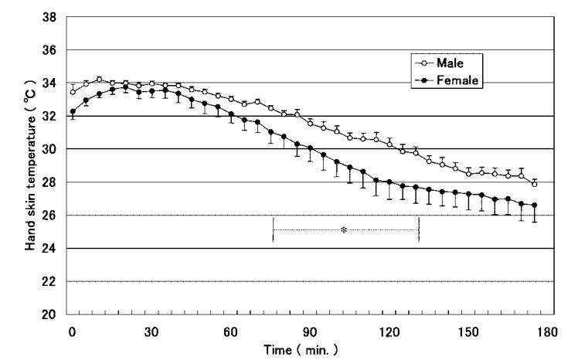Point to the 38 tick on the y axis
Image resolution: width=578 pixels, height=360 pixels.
click(x=51, y=17)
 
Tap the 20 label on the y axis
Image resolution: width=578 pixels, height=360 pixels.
click(x=51, y=315)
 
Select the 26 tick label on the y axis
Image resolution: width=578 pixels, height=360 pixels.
click(x=51, y=216)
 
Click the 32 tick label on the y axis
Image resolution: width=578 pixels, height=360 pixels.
click(x=51, y=117)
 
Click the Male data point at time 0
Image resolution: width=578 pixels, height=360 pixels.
click(x=73, y=92)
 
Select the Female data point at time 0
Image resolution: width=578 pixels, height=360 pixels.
click(x=73, y=111)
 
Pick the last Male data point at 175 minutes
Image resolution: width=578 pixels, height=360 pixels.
click(x=534, y=184)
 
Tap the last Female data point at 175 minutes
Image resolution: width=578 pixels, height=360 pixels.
click(x=534, y=205)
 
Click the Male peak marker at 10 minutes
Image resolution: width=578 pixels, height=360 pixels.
click(x=99, y=80)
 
